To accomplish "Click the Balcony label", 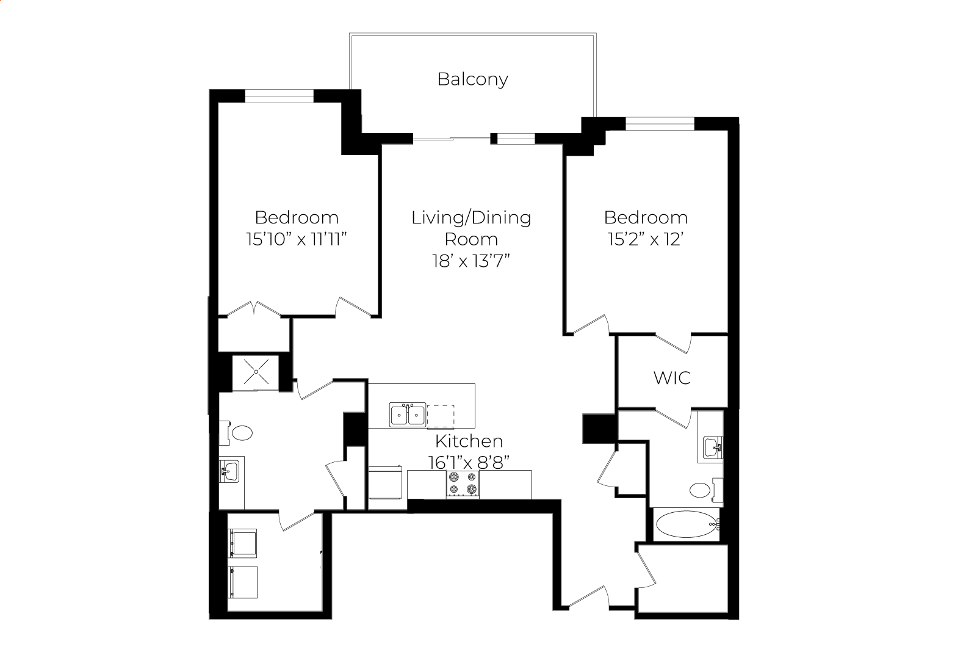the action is point(472,79).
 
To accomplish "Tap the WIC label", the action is point(672,378).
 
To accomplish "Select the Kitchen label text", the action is point(469,441).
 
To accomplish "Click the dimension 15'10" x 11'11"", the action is point(297,239).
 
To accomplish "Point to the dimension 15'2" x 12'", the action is point(646,239).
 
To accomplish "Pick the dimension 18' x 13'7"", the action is point(471,261).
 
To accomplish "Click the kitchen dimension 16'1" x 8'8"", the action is point(469,462).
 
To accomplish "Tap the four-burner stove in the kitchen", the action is point(463,484).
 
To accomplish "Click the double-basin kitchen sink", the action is point(408,415).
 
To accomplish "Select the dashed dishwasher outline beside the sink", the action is point(441,416).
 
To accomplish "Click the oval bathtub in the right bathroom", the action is point(686,524).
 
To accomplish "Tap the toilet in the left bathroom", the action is point(236,433).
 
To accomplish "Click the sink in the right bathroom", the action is point(713,449).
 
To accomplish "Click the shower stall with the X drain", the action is point(256,372).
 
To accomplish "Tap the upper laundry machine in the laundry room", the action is point(242,543).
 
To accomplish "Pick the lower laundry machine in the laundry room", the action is point(242,582).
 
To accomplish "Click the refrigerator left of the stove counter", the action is point(385,482).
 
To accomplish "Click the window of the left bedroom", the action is point(279,96).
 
